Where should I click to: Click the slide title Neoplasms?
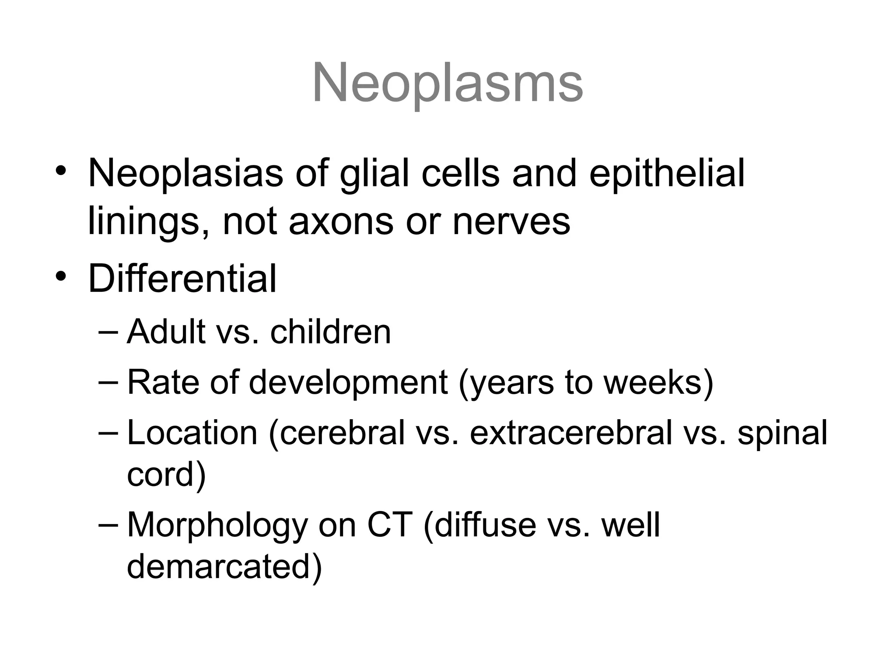pyautogui.click(x=448, y=83)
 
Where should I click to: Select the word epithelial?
pyautogui.click(x=667, y=173)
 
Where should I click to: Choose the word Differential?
pyautogui.click(x=182, y=279)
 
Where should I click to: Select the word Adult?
pyautogui.click(x=166, y=332)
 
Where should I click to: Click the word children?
pyautogui.click(x=330, y=332)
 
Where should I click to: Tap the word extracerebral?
pyautogui.click(x=571, y=433)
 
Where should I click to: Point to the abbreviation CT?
pyautogui.click(x=389, y=525)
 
